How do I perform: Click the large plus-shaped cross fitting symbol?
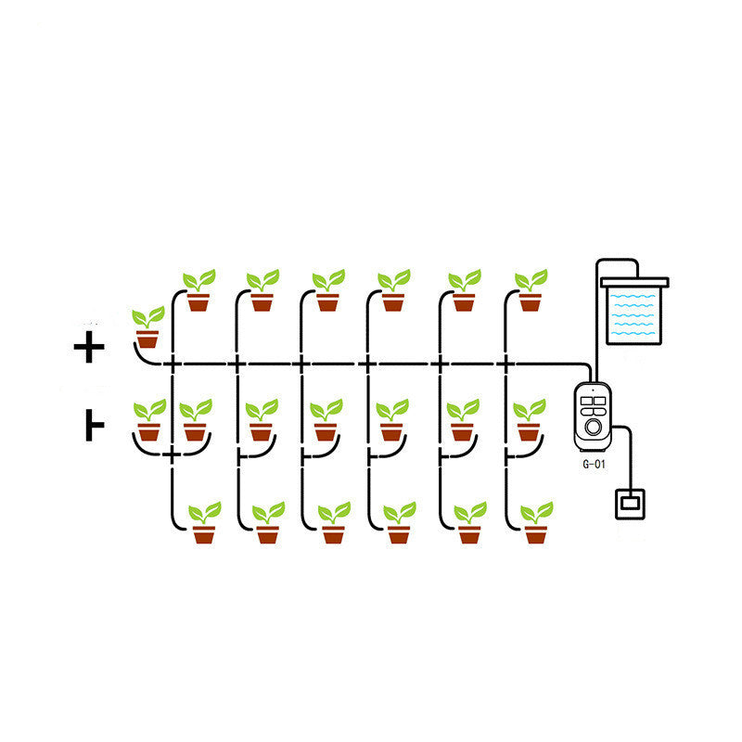90,348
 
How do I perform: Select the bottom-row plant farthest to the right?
536,523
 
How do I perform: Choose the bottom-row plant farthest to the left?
204,523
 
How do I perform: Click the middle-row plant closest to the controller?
529,422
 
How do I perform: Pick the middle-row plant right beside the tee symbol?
148,422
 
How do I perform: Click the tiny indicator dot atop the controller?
594,390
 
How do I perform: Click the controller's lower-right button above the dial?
600,413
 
